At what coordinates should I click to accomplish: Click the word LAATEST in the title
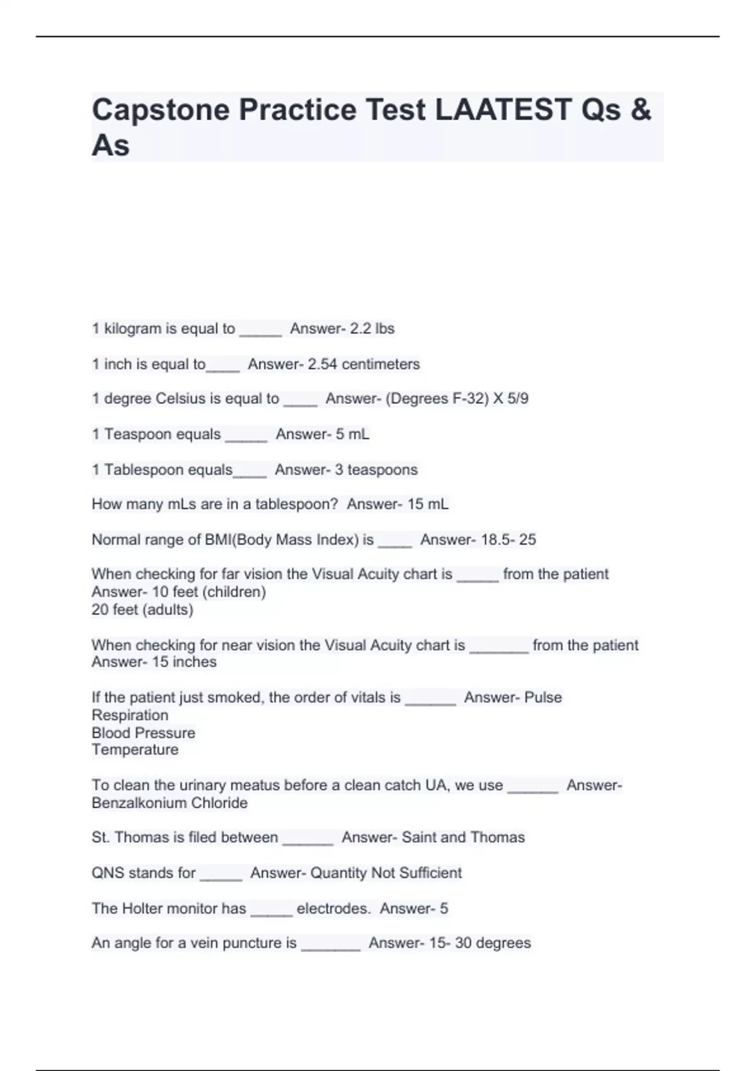pos(503,110)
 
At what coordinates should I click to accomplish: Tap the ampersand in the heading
pos(640,110)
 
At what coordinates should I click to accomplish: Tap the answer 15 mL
pos(428,505)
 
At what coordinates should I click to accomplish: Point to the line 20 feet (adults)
pos(142,610)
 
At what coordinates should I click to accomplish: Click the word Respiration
pos(130,716)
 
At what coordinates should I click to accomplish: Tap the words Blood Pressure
pos(143,733)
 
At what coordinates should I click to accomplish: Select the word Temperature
pos(135,750)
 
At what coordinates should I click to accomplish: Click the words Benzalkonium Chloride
pos(169,803)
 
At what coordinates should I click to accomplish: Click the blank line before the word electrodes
pos(271,911)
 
